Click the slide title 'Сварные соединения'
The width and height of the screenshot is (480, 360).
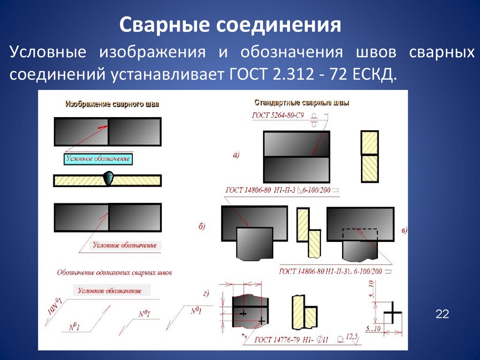pos(229,25)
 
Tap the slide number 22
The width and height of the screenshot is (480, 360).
pos(442,314)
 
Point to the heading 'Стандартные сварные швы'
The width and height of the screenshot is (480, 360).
pos(301,102)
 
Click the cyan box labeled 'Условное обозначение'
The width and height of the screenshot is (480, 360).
pos(97,159)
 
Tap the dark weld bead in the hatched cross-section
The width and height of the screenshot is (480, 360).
pos(108,178)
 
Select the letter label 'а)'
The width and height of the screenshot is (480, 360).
pos(236,155)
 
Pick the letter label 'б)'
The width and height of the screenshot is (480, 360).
pos(202,227)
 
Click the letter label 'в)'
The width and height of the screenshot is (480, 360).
pos(405,230)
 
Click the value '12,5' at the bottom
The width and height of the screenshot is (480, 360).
pos(352,336)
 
